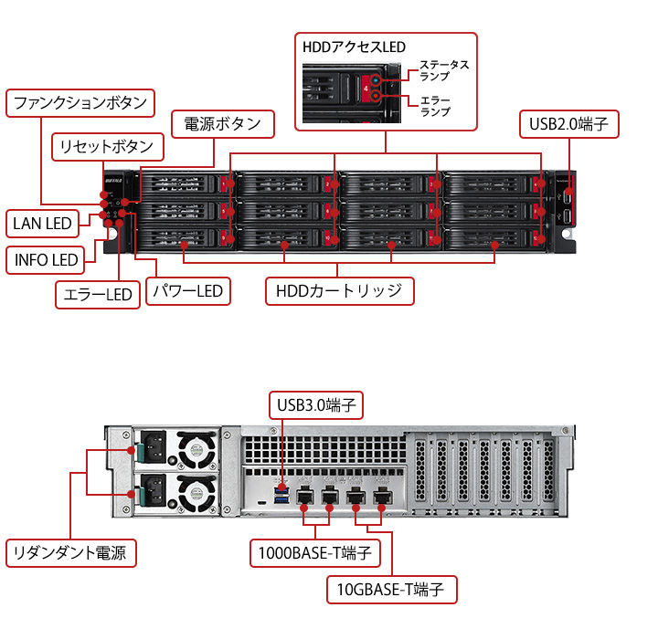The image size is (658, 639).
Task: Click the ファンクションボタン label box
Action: [x=80, y=103]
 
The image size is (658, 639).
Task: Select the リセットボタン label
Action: [x=107, y=146]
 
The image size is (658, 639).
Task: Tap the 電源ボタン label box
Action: [x=222, y=124]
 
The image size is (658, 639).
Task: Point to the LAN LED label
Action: [x=42, y=222]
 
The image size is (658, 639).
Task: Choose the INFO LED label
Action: [x=47, y=259]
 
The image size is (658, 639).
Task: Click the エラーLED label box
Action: [x=95, y=294]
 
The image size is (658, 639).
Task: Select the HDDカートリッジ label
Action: [x=339, y=291]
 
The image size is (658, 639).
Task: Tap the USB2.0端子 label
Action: [x=568, y=124]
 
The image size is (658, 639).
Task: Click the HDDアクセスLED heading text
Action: [x=354, y=47]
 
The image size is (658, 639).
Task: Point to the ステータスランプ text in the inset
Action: [x=444, y=70]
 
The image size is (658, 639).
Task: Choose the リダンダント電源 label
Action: [x=71, y=552]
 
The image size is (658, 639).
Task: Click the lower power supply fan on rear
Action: [x=195, y=496]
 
